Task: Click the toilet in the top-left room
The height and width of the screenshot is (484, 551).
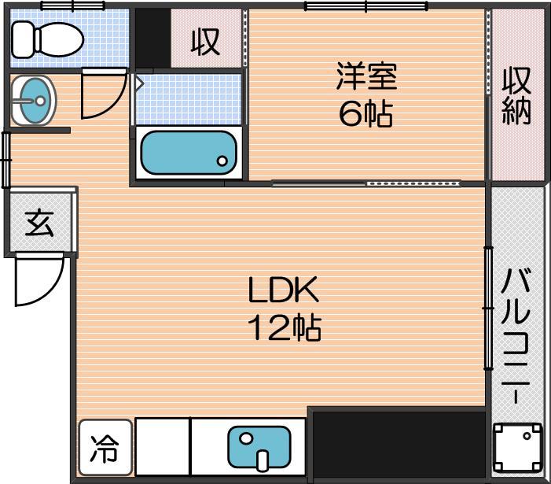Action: [47, 39]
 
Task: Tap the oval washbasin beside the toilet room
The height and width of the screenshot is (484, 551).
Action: [33, 101]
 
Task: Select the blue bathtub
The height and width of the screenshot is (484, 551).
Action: [189, 153]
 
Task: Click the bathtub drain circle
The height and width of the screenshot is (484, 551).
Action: [222, 161]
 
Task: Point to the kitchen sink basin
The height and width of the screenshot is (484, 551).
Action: [259, 447]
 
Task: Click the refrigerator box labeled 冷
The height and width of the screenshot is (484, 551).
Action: [105, 448]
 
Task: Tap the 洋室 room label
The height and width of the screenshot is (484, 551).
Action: [366, 76]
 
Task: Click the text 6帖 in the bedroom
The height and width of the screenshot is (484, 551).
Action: [365, 113]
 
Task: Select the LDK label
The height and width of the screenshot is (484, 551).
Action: [283, 290]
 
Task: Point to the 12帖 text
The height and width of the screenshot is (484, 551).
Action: [285, 327]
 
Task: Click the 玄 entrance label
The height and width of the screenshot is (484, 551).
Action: [39, 224]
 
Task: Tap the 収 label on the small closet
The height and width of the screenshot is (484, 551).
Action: [206, 42]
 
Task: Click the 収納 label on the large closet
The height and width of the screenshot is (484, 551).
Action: [516, 96]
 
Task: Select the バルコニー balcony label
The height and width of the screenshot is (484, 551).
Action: [516, 335]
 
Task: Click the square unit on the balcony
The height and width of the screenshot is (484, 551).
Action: [517, 448]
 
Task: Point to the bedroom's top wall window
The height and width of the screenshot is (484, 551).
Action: [365, 6]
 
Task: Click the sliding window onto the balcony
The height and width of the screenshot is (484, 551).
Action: [488, 309]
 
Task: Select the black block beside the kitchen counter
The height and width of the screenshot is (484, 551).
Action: [399, 444]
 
